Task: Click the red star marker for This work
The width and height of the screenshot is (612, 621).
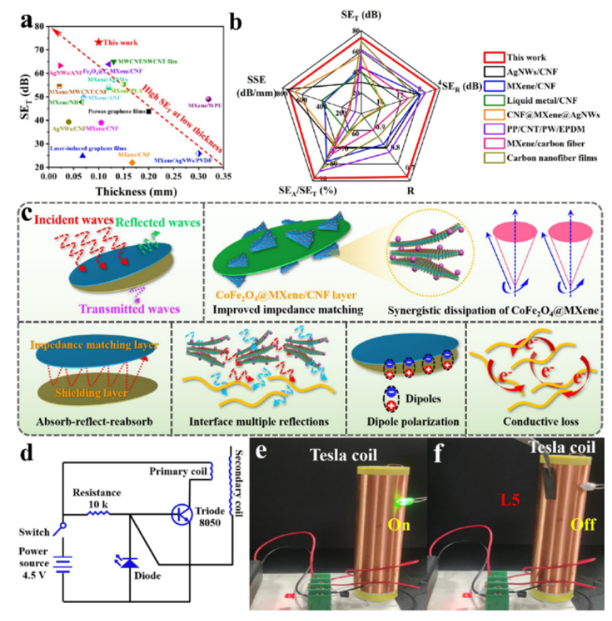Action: click(98, 42)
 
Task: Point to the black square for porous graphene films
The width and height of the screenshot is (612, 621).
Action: click(149, 112)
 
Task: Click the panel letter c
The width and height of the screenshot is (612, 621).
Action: click(27, 214)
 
